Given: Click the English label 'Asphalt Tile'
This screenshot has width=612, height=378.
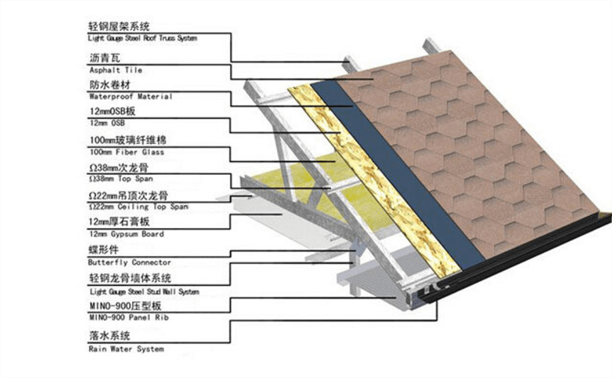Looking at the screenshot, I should (115, 70).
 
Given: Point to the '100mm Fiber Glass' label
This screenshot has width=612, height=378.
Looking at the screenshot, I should (126, 152).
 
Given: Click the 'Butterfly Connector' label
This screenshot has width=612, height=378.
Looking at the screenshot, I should (129, 262).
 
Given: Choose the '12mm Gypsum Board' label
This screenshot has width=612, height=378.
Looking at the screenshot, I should (126, 234).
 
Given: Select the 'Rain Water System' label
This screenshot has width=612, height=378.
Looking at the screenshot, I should (126, 349).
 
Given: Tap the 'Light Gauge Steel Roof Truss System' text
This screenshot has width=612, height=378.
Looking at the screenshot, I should (143, 38).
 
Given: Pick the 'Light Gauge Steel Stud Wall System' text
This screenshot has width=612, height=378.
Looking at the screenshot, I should (143, 291).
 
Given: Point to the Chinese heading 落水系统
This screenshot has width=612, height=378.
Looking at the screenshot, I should (109, 336).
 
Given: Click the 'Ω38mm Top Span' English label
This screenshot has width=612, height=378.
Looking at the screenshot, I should (121, 179).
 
